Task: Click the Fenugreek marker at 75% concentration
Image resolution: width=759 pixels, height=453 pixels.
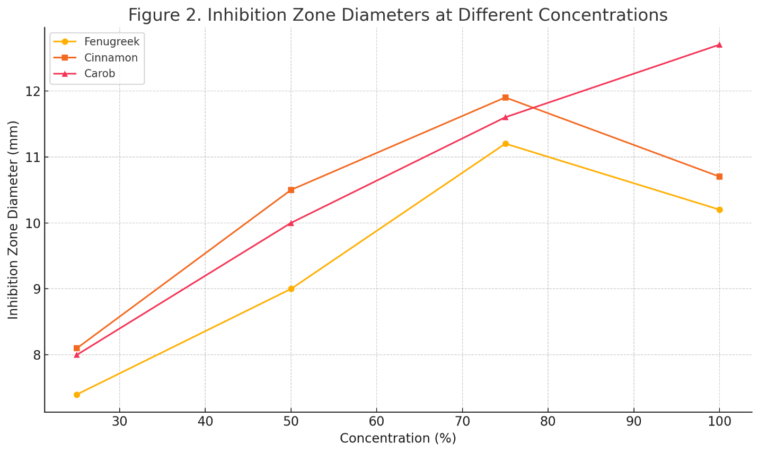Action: click(x=505, y=144)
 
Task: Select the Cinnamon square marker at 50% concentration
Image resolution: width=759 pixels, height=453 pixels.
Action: click(x=291, y=190)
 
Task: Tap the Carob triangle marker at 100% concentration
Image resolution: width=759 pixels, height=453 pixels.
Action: click(x=719, y=45)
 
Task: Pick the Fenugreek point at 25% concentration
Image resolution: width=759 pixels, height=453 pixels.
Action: click(x=77, y=395)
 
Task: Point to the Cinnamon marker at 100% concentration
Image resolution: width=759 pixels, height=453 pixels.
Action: click(x=719, y=177)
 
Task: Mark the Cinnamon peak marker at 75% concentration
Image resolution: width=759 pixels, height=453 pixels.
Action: click(x=505, y=98)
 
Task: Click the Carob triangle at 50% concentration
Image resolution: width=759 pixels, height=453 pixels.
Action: click(x=291, y=223)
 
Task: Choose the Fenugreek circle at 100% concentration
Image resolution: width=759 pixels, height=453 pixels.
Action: click(x=719, y=210)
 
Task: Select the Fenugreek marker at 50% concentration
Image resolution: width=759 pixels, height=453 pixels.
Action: click(x=291, y=289)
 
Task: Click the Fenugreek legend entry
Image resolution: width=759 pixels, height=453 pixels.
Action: click(x=111, y=42)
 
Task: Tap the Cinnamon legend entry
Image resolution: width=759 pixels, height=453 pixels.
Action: click(x=111, y=58)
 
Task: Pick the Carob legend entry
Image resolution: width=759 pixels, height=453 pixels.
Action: click(x=100, y=74)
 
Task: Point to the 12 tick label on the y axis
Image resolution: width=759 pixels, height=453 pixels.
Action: click(x=33, y=91)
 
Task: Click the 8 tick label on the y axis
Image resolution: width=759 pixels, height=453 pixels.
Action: click(x=37, y=355)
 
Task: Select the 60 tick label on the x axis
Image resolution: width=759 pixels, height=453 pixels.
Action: click(x=376, y=422)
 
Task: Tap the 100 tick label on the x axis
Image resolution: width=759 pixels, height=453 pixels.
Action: click(x=719, y=422)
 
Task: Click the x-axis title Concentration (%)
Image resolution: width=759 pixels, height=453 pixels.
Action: click(x=398, y=439)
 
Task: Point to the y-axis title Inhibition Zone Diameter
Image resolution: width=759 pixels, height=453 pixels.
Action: click(x=13, y=220)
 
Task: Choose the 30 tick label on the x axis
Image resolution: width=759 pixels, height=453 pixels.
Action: click(x=120, y=422)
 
